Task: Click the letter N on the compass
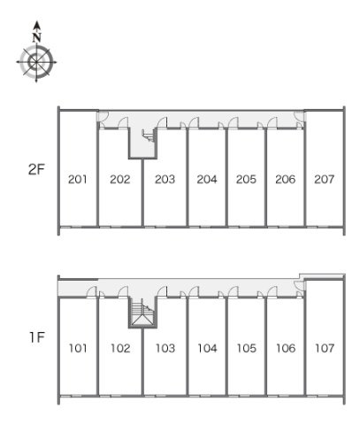tap(36, 37)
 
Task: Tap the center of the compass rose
tap(36, 62)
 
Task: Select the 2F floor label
tap(36, 170)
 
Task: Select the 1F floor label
tap(37, 337)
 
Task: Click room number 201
tap(78, 179)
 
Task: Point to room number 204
tap(207, 179)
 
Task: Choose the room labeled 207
tap(324, 179)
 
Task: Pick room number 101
tap(78, 348)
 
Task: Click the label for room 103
tap(165, 348)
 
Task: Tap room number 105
tap(247, 348)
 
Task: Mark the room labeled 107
tap(325, 348)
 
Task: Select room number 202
tap(120, 179)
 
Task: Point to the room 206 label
tap(285, 179)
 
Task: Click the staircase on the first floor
tap(142, 313)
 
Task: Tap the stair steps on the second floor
tap(149, 135)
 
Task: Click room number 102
tap(120, 348)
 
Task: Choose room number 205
tap(246, 179)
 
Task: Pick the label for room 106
tap(286, 348)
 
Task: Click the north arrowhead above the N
tap(36, 25)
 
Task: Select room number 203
tap(165, 179)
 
